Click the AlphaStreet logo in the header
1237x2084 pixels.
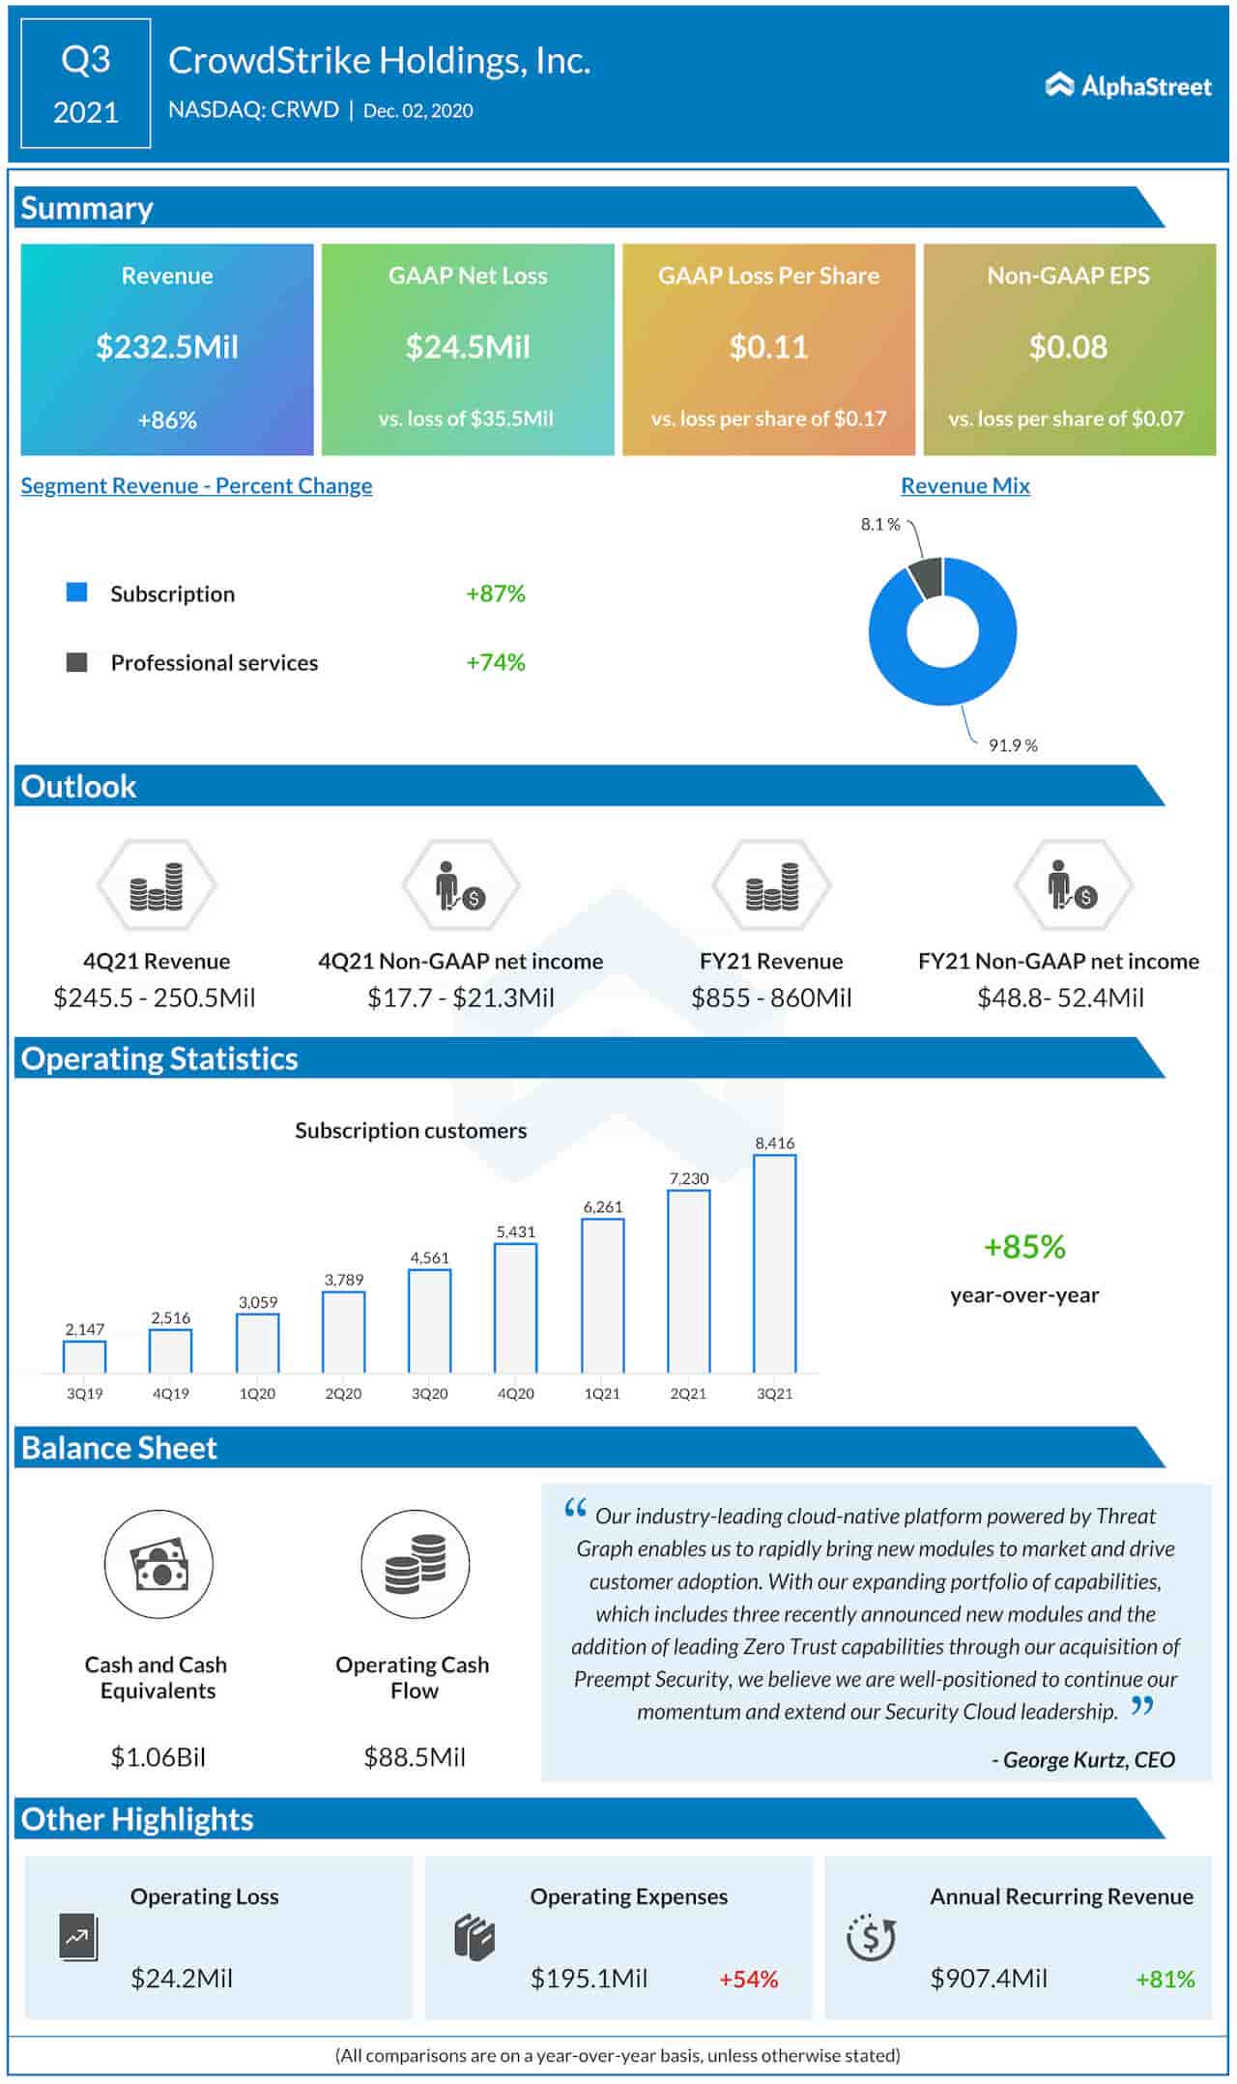click(x=1128, y=86)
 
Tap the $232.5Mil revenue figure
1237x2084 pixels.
click(x=167, y=347)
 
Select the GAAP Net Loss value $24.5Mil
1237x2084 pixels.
click(x=468, y=347)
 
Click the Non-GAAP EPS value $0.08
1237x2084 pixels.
click(x=1068, y=347)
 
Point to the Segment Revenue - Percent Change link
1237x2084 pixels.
click(x=196, y=485)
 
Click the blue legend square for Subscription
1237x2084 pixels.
click(x=76, y=593)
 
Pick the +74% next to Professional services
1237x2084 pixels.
click(x=495, y=662)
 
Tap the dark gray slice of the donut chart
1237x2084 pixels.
click(x=926, y=577)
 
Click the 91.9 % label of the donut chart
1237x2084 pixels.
click(x=1012, y=745)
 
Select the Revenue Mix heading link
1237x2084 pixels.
click(x=964, y=485)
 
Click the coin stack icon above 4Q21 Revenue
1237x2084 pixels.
click(x=157, y=886)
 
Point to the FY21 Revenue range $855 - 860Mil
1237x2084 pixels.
click(x=771, y=998)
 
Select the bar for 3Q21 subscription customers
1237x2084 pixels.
click(x=774, y=1263)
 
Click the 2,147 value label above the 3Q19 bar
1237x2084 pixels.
click(x=84, y=1329)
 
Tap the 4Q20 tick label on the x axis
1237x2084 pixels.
click(x=515, y=1393)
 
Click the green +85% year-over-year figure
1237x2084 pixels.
click(x=1023, y=1247)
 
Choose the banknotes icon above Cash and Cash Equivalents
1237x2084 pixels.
click(x=158, y=1565)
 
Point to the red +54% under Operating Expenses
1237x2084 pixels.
click(x=748, y=1979)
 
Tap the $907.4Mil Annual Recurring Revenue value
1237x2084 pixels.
click(x=988, y=1978)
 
